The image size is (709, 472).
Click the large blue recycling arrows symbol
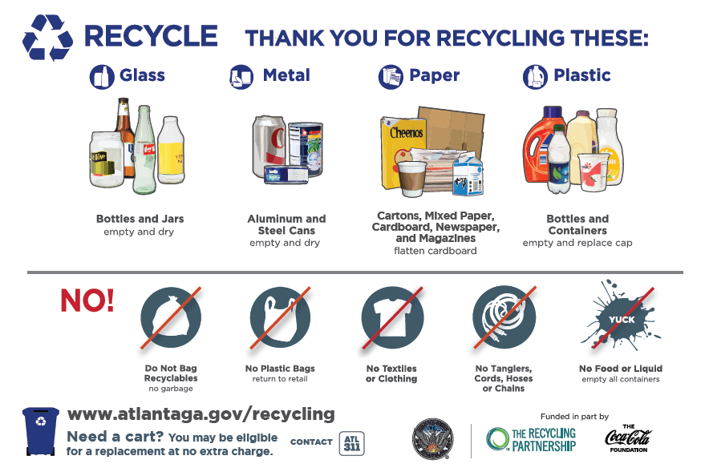click(47, 38)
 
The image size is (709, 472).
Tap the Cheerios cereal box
click(403, 151)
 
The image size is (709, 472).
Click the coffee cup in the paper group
click(411, 179)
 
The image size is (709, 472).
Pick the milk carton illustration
click(468, 173)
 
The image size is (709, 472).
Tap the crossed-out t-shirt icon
click(392, 317)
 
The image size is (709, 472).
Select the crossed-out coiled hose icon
click(504, 317)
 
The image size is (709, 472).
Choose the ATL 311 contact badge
click(352, 443)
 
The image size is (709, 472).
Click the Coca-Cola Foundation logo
click(629, 438)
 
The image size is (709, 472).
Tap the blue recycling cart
click(41, 431)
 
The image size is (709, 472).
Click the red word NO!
click(87, 301)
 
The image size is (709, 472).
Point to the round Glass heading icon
click(102, 77)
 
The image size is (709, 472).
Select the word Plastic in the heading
click(582, 75)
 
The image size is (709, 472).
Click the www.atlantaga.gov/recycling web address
click(201, 414)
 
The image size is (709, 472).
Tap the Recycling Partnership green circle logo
click(498, 439)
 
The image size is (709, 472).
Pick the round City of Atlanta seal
click(433, 438)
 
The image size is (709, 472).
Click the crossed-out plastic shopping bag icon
click(281, 317)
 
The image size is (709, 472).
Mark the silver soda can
click(269, 145)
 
